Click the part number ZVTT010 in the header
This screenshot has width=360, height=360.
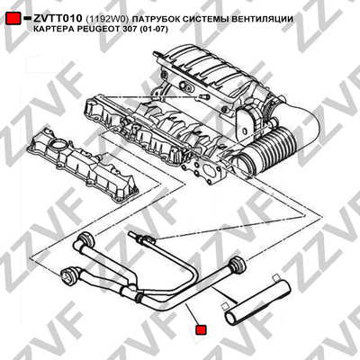[58, 18]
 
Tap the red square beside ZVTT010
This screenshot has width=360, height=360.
[13, 18]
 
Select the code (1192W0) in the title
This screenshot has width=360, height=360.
[107, 19]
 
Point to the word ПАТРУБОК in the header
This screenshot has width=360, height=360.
[156, 19]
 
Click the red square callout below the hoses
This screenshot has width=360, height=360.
[201, 329]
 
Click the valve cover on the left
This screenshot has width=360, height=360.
[82, 164]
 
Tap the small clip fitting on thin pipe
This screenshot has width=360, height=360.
[149, 239]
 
